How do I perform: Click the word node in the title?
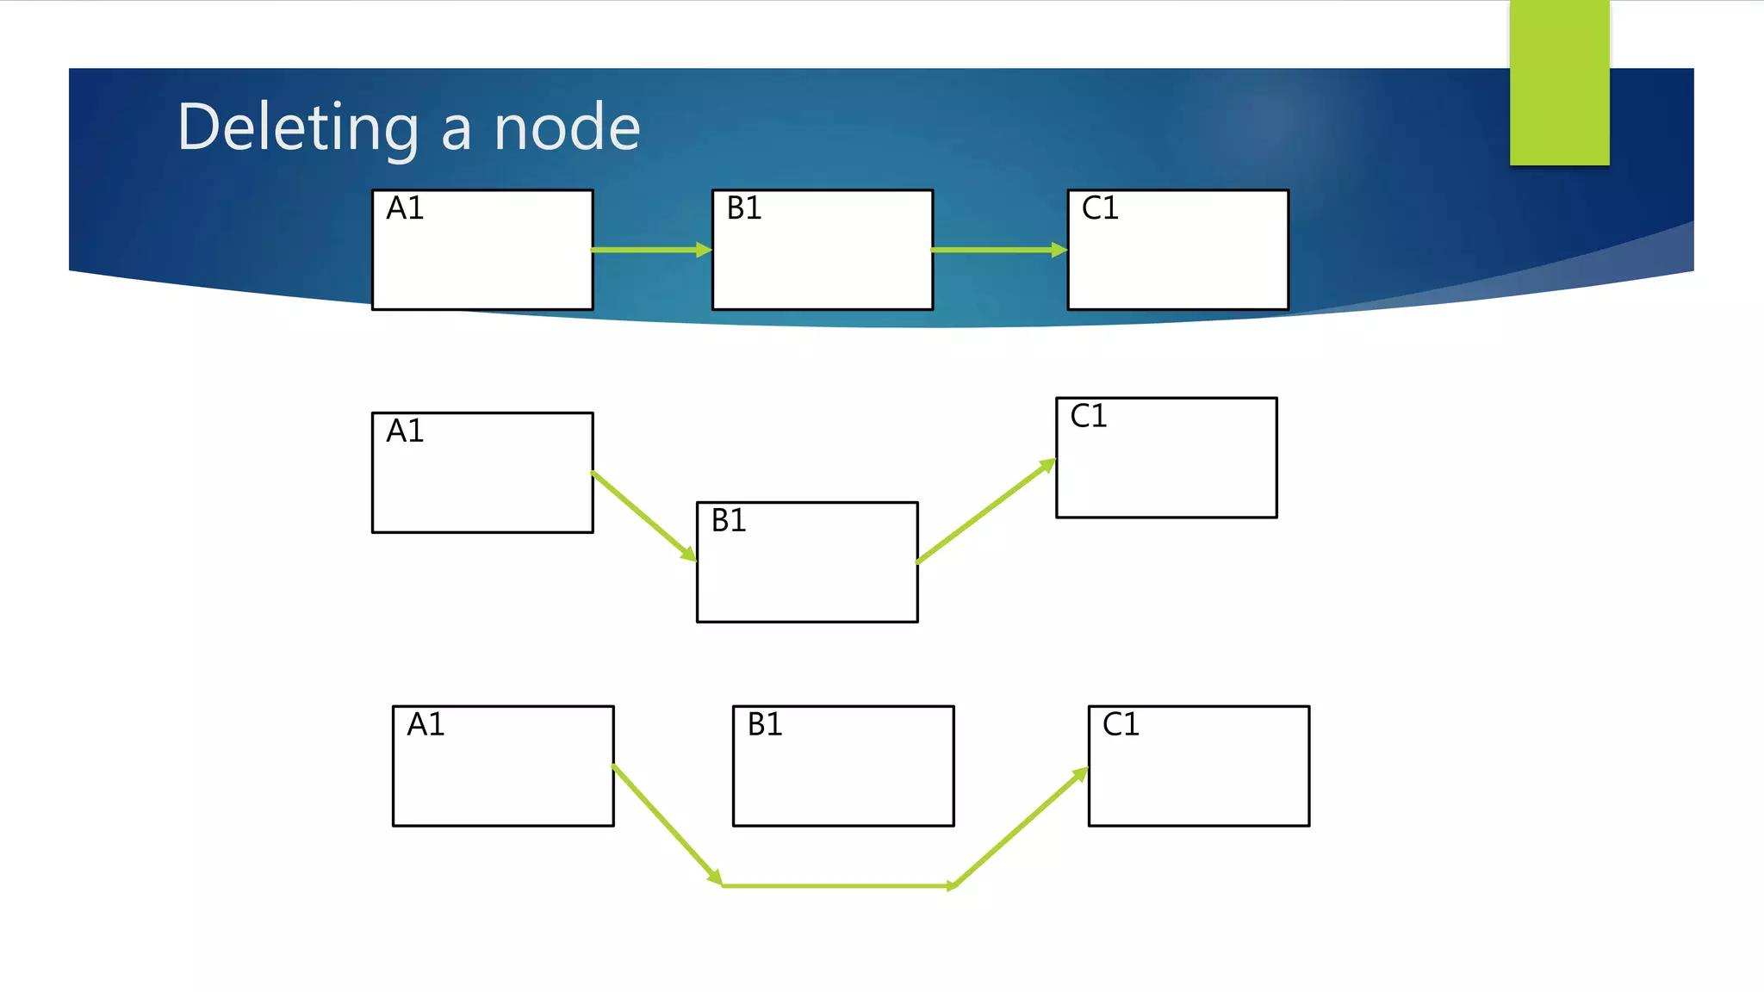(567, 127)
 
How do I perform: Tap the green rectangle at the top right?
(1559, 83)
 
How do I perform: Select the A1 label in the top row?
(405, 208)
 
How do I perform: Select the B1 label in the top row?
(744, 208)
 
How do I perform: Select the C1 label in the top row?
(1100, 208)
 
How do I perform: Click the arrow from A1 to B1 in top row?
(652, 250)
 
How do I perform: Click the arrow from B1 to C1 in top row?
(999, 250)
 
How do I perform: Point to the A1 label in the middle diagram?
(405, 431)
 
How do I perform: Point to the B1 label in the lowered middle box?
(729, 520)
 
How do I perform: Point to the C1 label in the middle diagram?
(1089, 416)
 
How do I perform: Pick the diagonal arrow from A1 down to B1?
(644, 516)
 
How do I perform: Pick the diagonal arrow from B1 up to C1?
(986, 513)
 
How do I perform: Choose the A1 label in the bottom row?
(425, 724)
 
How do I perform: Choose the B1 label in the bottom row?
(765, 724)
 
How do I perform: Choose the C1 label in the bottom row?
(1121, 724)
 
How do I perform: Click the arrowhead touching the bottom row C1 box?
(1079, 776)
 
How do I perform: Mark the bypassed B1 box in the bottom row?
(843, 775)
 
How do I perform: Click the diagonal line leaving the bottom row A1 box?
(667, 824)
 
